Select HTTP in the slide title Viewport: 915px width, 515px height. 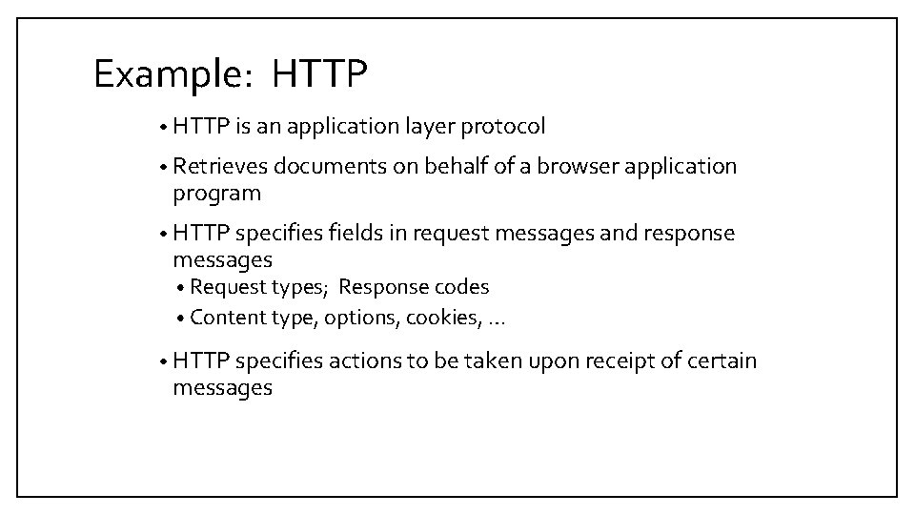tap(318, 74)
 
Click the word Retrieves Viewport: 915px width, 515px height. tap(220, 167)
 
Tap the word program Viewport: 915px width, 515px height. tap(216, 195)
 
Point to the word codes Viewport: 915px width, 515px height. tap(463, 287)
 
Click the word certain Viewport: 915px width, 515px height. tap(722, 361)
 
